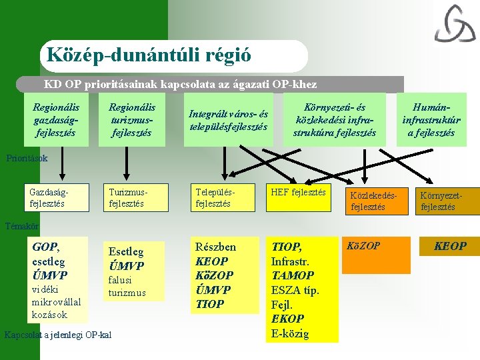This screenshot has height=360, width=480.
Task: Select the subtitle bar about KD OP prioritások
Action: [180, 85]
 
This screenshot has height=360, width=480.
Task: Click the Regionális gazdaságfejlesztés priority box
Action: [56, 120]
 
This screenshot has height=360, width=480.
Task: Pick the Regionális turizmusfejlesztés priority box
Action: [132, 120]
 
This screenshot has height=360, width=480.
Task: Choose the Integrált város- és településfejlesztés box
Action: [229, 120]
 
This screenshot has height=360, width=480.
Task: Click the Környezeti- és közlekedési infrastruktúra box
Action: [335, 120]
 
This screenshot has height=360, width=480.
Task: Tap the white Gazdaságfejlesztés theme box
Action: [56, 197]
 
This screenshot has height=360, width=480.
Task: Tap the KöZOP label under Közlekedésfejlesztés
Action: [365, 246]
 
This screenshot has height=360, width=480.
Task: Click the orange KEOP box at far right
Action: [450, 246]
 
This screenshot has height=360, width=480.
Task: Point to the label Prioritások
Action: [27, 159]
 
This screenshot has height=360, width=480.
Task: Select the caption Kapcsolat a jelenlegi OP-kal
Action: [57, 334]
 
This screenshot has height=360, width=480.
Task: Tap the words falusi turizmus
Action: [127, 287]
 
